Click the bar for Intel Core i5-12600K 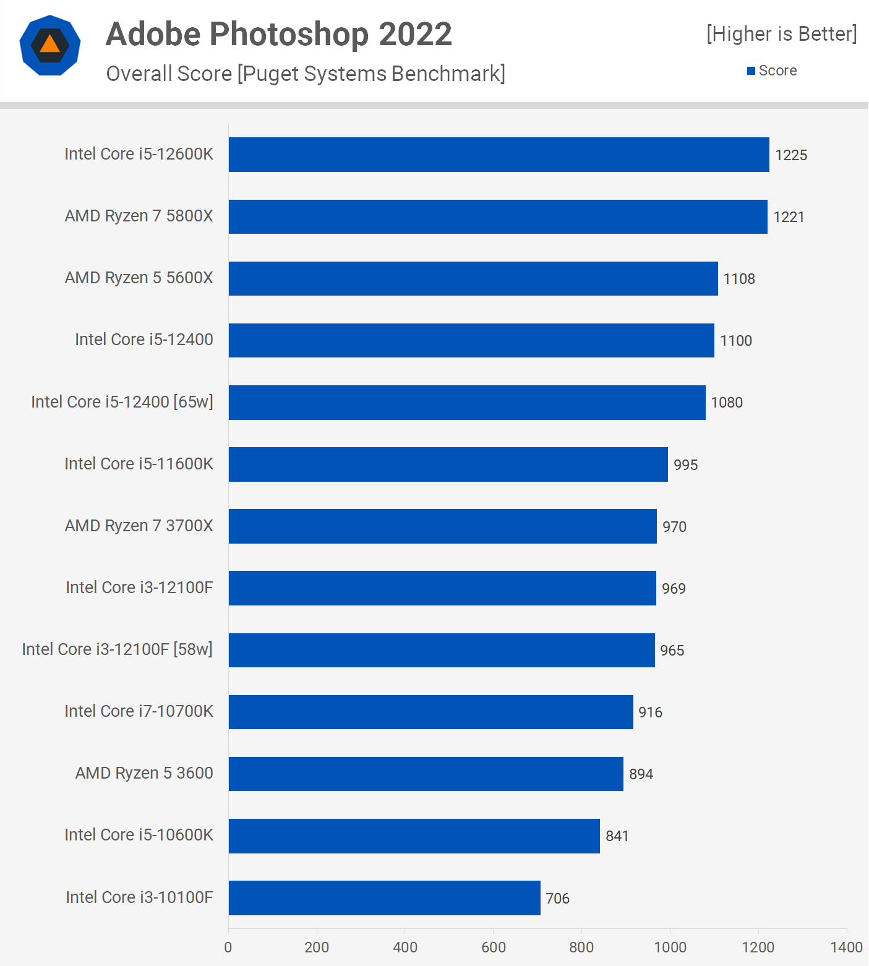(499, 155)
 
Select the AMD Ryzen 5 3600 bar (426, 774)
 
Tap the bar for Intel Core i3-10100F (384, 898)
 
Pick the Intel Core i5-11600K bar (448, 464)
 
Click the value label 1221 (789, 217)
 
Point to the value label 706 (557, 898)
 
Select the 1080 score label (727, 403)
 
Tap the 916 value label (650, 712)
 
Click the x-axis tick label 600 (494, 947)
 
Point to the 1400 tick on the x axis (846, 947)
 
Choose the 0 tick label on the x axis (228, 947)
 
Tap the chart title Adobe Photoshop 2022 (279, 34)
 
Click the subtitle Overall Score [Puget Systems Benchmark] (306, 74)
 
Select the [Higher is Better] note (782, 33)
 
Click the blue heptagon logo (50, 45)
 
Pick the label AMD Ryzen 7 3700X (139, 526)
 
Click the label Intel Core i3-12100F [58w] (117, 649)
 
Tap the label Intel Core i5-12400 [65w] (122, 402)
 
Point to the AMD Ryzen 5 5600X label (139, 278)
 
